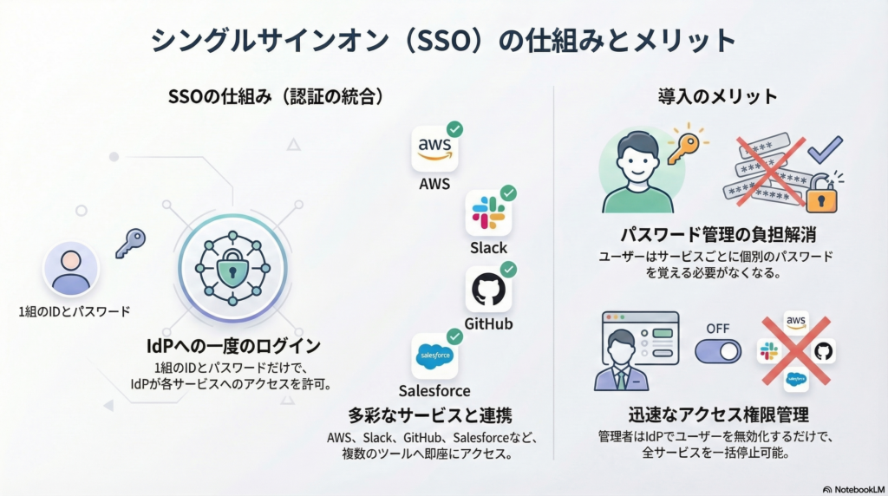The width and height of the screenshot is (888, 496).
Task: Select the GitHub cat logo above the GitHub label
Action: point(488,290)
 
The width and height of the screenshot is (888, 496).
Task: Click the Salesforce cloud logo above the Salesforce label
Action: point(434,356)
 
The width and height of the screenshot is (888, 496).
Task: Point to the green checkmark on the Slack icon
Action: point(508,193)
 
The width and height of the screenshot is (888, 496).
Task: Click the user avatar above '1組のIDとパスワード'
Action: point(71,269)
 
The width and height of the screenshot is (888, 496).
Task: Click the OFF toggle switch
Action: point(718,350)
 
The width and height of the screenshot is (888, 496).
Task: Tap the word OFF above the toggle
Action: point(718,329)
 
